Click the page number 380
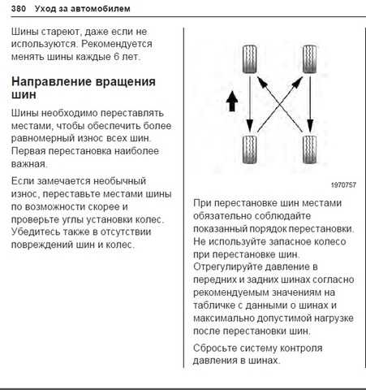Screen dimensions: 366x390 tap(19, 9)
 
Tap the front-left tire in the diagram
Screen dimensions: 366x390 tap(249, 59)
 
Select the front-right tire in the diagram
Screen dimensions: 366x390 tap(309, 59)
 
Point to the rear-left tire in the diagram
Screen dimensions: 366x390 tap(249, 149)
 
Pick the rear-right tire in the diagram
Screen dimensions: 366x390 tap(309, 149)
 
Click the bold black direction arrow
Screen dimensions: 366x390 tap(232, 101)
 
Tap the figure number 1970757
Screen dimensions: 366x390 tap(343, 185)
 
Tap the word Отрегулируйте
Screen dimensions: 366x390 tap(226, 267)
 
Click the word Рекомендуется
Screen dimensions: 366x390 tap(117, 44)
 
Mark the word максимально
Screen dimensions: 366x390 tap(224, 318)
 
